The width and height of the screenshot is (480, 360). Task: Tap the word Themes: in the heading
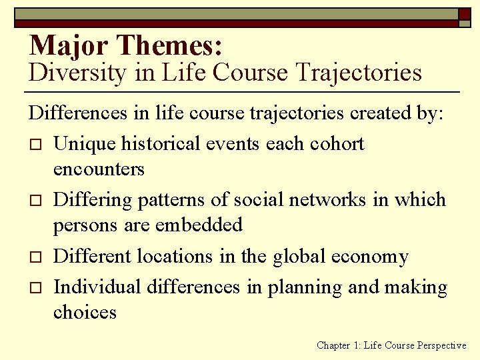pos(169,45)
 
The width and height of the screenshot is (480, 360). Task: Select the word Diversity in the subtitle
pos(77,73)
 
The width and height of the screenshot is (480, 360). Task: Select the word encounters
pos(99,169)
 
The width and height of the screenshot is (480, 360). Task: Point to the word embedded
pos(200,225)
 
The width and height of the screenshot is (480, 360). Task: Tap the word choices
pos(85,312)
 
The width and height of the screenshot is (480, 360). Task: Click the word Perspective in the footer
pos(441,345)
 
